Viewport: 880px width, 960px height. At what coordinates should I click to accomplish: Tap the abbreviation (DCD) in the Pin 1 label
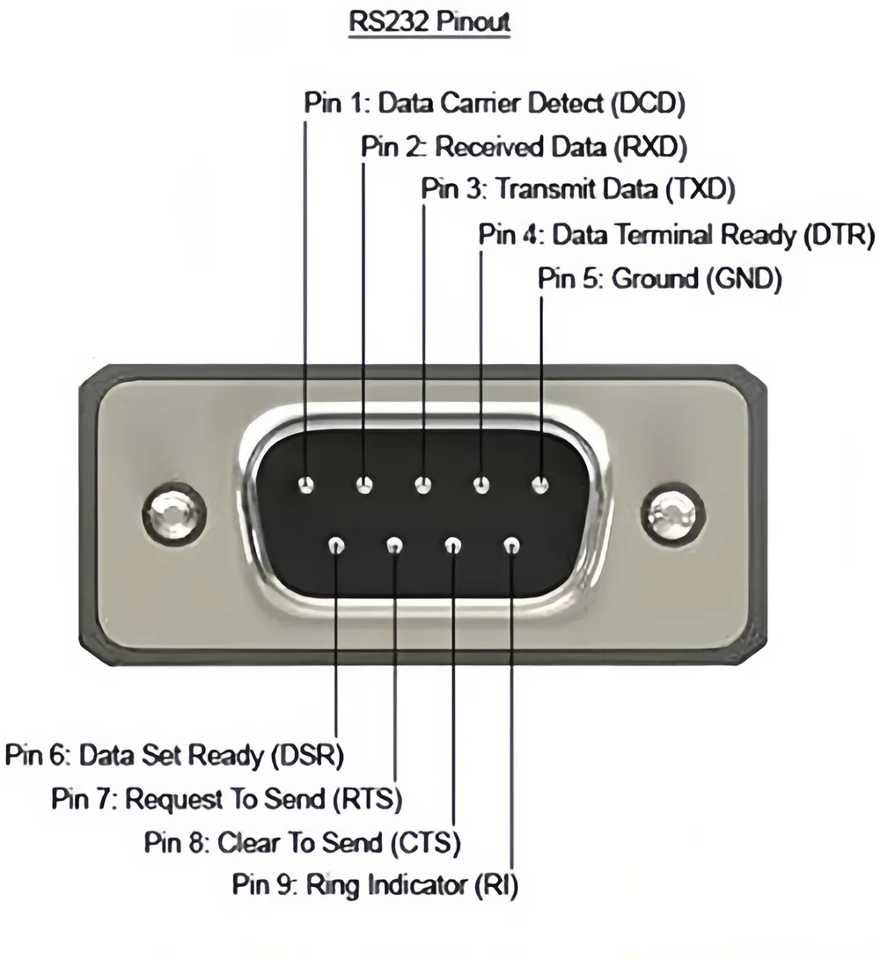pyautogui.click(x=647, y=103)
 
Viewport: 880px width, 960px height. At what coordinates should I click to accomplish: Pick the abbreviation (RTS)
pyautogui.click(x=366, y=799)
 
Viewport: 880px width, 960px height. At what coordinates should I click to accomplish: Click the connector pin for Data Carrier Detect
pyautogui.click(x=306, y=484)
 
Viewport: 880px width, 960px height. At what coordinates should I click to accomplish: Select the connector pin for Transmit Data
pyautogui.click(x=423, y=484)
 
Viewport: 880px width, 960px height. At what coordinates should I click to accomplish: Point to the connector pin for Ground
pyautogui.click(x=540, y=484)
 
